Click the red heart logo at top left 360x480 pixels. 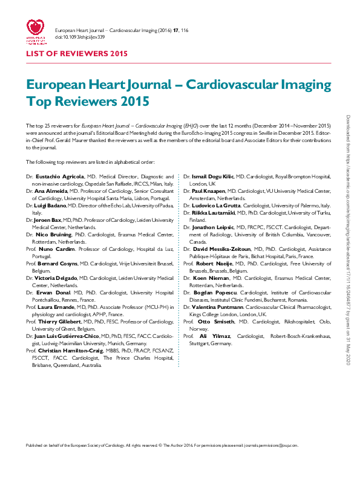tap(34, 30)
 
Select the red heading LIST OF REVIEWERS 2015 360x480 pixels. tap(76, 54)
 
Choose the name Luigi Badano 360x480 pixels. tap(48, 206)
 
